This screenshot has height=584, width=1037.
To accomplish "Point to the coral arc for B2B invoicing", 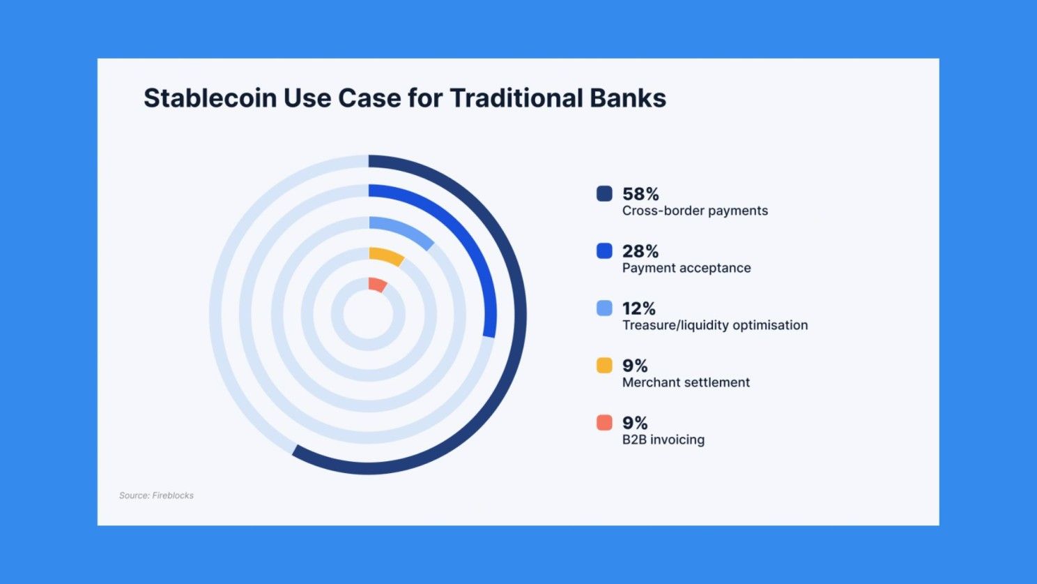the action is click(x=378, y=284).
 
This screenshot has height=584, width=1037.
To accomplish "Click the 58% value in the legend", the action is click(x=640, y=194).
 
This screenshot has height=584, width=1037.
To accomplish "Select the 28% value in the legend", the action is click(x=640, y=251).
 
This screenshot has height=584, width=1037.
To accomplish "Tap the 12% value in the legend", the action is click(x=639, y=308).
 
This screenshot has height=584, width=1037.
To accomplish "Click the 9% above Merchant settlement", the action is click(x=635, y=366).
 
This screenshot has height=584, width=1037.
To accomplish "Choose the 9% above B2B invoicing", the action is click(x=635, y=423).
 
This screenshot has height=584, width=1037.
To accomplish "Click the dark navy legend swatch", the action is click(x=604, y=193).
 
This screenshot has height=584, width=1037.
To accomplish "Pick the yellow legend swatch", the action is click(x=604, y=365).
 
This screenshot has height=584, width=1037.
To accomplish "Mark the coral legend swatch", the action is click(x=604, y=423).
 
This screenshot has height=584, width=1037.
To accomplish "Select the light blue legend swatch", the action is click(x=604, y=308).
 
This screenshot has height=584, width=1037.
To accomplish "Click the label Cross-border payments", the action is click(x=695, y=211).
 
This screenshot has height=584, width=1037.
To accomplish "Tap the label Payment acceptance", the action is click(x=686, y=268).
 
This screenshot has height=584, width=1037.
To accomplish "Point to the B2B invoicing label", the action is click(x=663, y=440).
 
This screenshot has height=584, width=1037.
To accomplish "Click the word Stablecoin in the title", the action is click(x=210, y=98).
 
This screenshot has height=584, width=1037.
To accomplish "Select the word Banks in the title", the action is click(x=628, y=98).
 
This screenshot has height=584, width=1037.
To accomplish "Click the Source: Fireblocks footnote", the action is click(x=157, y=495).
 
